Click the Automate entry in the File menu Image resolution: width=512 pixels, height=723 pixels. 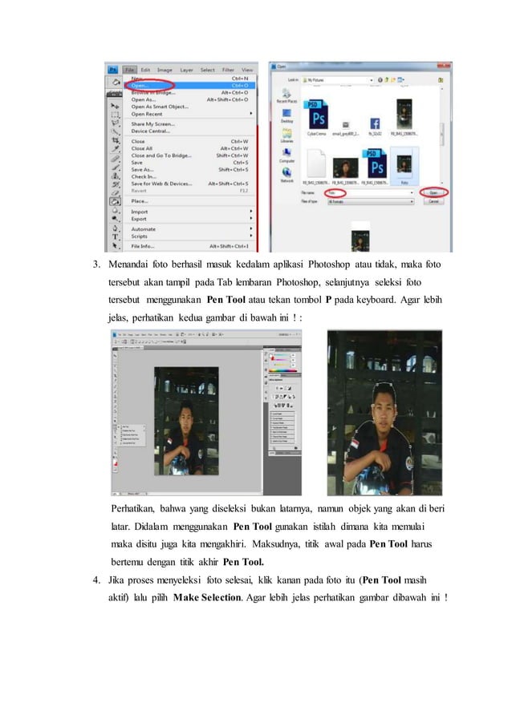(x=145, y=228)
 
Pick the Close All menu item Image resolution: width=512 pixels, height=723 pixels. (x=142, y=148)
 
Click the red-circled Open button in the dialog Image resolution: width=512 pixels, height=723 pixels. (x=433, y=192)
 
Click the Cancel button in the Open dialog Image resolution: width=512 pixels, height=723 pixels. (x=434, y=201)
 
